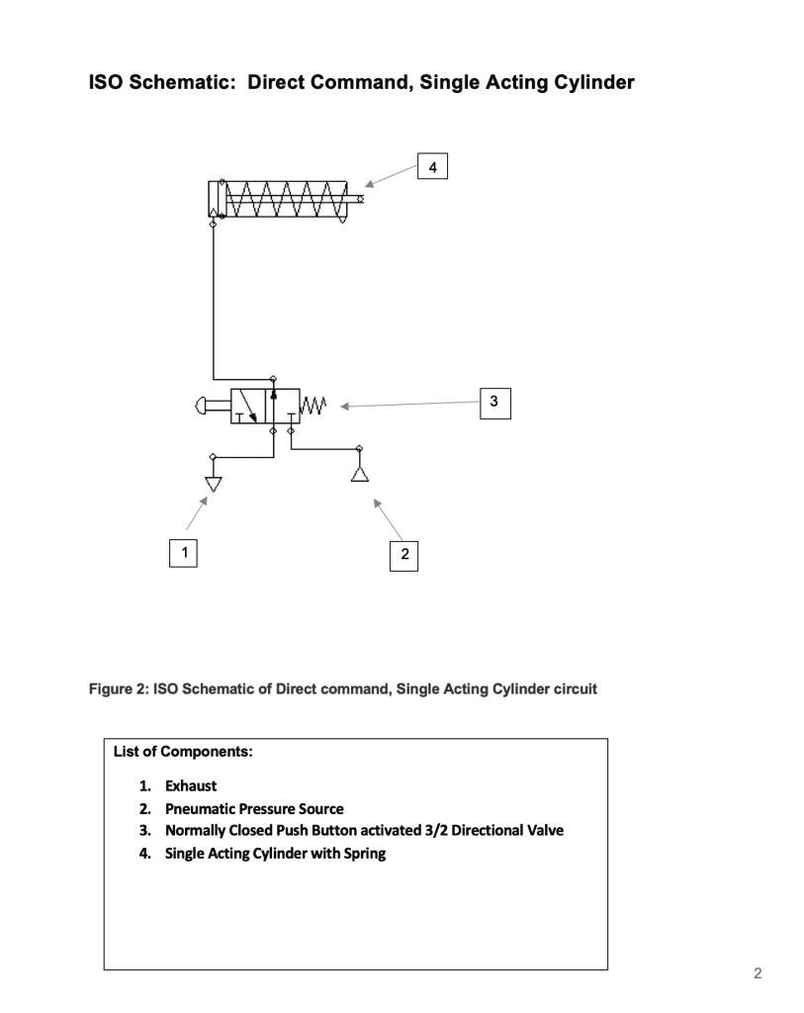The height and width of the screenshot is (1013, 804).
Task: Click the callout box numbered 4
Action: pos(433,165)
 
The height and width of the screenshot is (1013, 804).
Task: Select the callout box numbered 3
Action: pos(493,401)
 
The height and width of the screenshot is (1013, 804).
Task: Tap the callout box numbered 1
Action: pos(181,552)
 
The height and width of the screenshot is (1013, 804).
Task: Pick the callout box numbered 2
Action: pos(403,555)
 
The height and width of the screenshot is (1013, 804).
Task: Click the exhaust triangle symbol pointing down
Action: pos(213,484)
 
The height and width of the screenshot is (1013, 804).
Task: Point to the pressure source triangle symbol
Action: pos(359,475)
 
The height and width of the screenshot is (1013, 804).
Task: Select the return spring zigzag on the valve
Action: pos(313,406)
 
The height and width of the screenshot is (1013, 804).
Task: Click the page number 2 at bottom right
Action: pos(758,973)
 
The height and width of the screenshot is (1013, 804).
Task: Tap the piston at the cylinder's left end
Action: pos(214,200)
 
